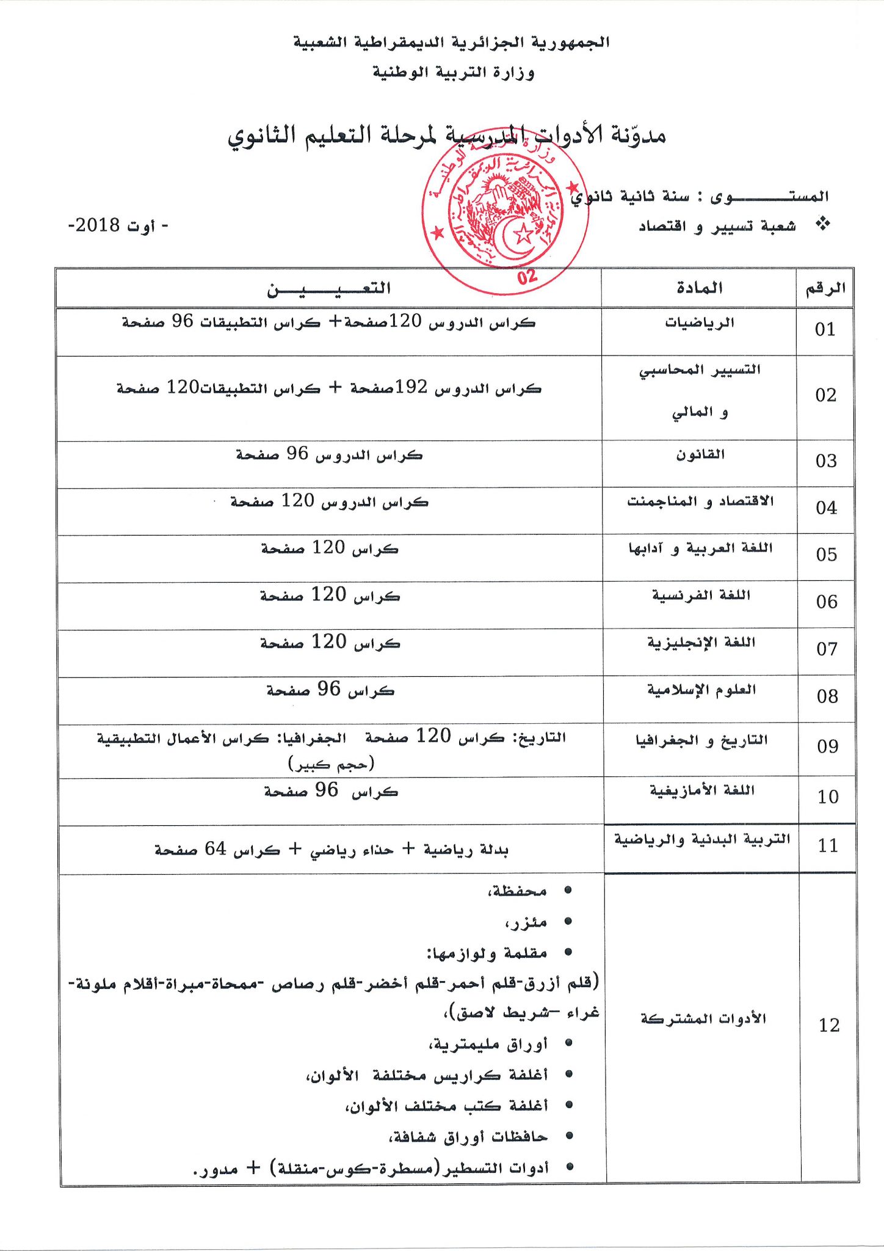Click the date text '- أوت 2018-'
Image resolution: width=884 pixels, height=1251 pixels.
click(x=118, y=225)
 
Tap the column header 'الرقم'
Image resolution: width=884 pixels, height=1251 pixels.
click(x=825, y=288)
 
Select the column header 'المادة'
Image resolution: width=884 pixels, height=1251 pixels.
click(x=699, y=288)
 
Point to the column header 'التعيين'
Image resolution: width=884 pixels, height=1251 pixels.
click(x=328, y=288)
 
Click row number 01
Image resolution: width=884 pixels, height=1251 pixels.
click(x=825, y=330)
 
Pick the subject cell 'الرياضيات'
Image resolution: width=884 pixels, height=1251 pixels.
click(x=700, y=323)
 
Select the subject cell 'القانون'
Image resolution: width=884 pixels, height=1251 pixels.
click(x=700, y=454)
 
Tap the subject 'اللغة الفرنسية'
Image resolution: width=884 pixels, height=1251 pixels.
click(x=701, y=595)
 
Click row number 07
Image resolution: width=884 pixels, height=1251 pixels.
click(x=827, y=649)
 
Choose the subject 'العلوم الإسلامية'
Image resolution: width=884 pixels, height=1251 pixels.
click(x=701, y=690)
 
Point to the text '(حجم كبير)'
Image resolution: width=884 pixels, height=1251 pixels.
click(x=331, y=764)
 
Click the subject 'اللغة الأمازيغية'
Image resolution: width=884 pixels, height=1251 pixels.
click(x=702, y=790)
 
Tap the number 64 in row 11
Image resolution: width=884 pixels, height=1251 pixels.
click(x=216, y=848)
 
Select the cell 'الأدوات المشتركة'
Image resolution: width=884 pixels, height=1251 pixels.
click(x=703, y=1019)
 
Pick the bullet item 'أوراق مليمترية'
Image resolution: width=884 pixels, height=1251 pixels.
click(x=488, y=1045)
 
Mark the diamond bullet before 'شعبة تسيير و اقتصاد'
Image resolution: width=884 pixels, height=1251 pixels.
click(x=823, y=224)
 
